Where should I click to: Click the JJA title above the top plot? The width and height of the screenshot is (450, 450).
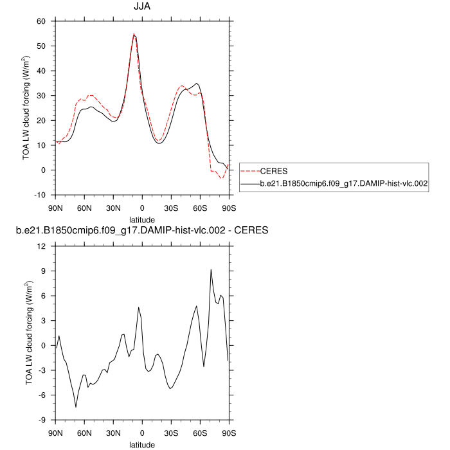click(141, 7)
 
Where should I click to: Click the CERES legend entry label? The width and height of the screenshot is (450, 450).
click(273, 171)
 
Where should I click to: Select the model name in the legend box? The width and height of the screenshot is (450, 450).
click(344, 184)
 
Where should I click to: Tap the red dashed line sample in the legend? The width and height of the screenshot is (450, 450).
click(249, 171)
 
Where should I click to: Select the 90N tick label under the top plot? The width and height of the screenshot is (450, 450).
click(56, 209)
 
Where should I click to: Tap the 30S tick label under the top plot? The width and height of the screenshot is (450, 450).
click(170, 209)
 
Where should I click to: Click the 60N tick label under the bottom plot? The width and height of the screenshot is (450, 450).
click(84, 433)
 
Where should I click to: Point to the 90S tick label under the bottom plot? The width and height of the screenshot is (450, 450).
click(228, 433)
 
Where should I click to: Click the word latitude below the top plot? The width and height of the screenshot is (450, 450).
click(141, 220)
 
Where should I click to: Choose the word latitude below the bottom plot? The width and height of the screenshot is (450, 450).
click(141, 444)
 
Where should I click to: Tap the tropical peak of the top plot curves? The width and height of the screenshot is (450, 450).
click(134, 35)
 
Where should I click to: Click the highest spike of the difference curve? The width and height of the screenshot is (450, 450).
click(211, 270)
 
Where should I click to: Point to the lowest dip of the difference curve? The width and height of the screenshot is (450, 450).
click(76, 406)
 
